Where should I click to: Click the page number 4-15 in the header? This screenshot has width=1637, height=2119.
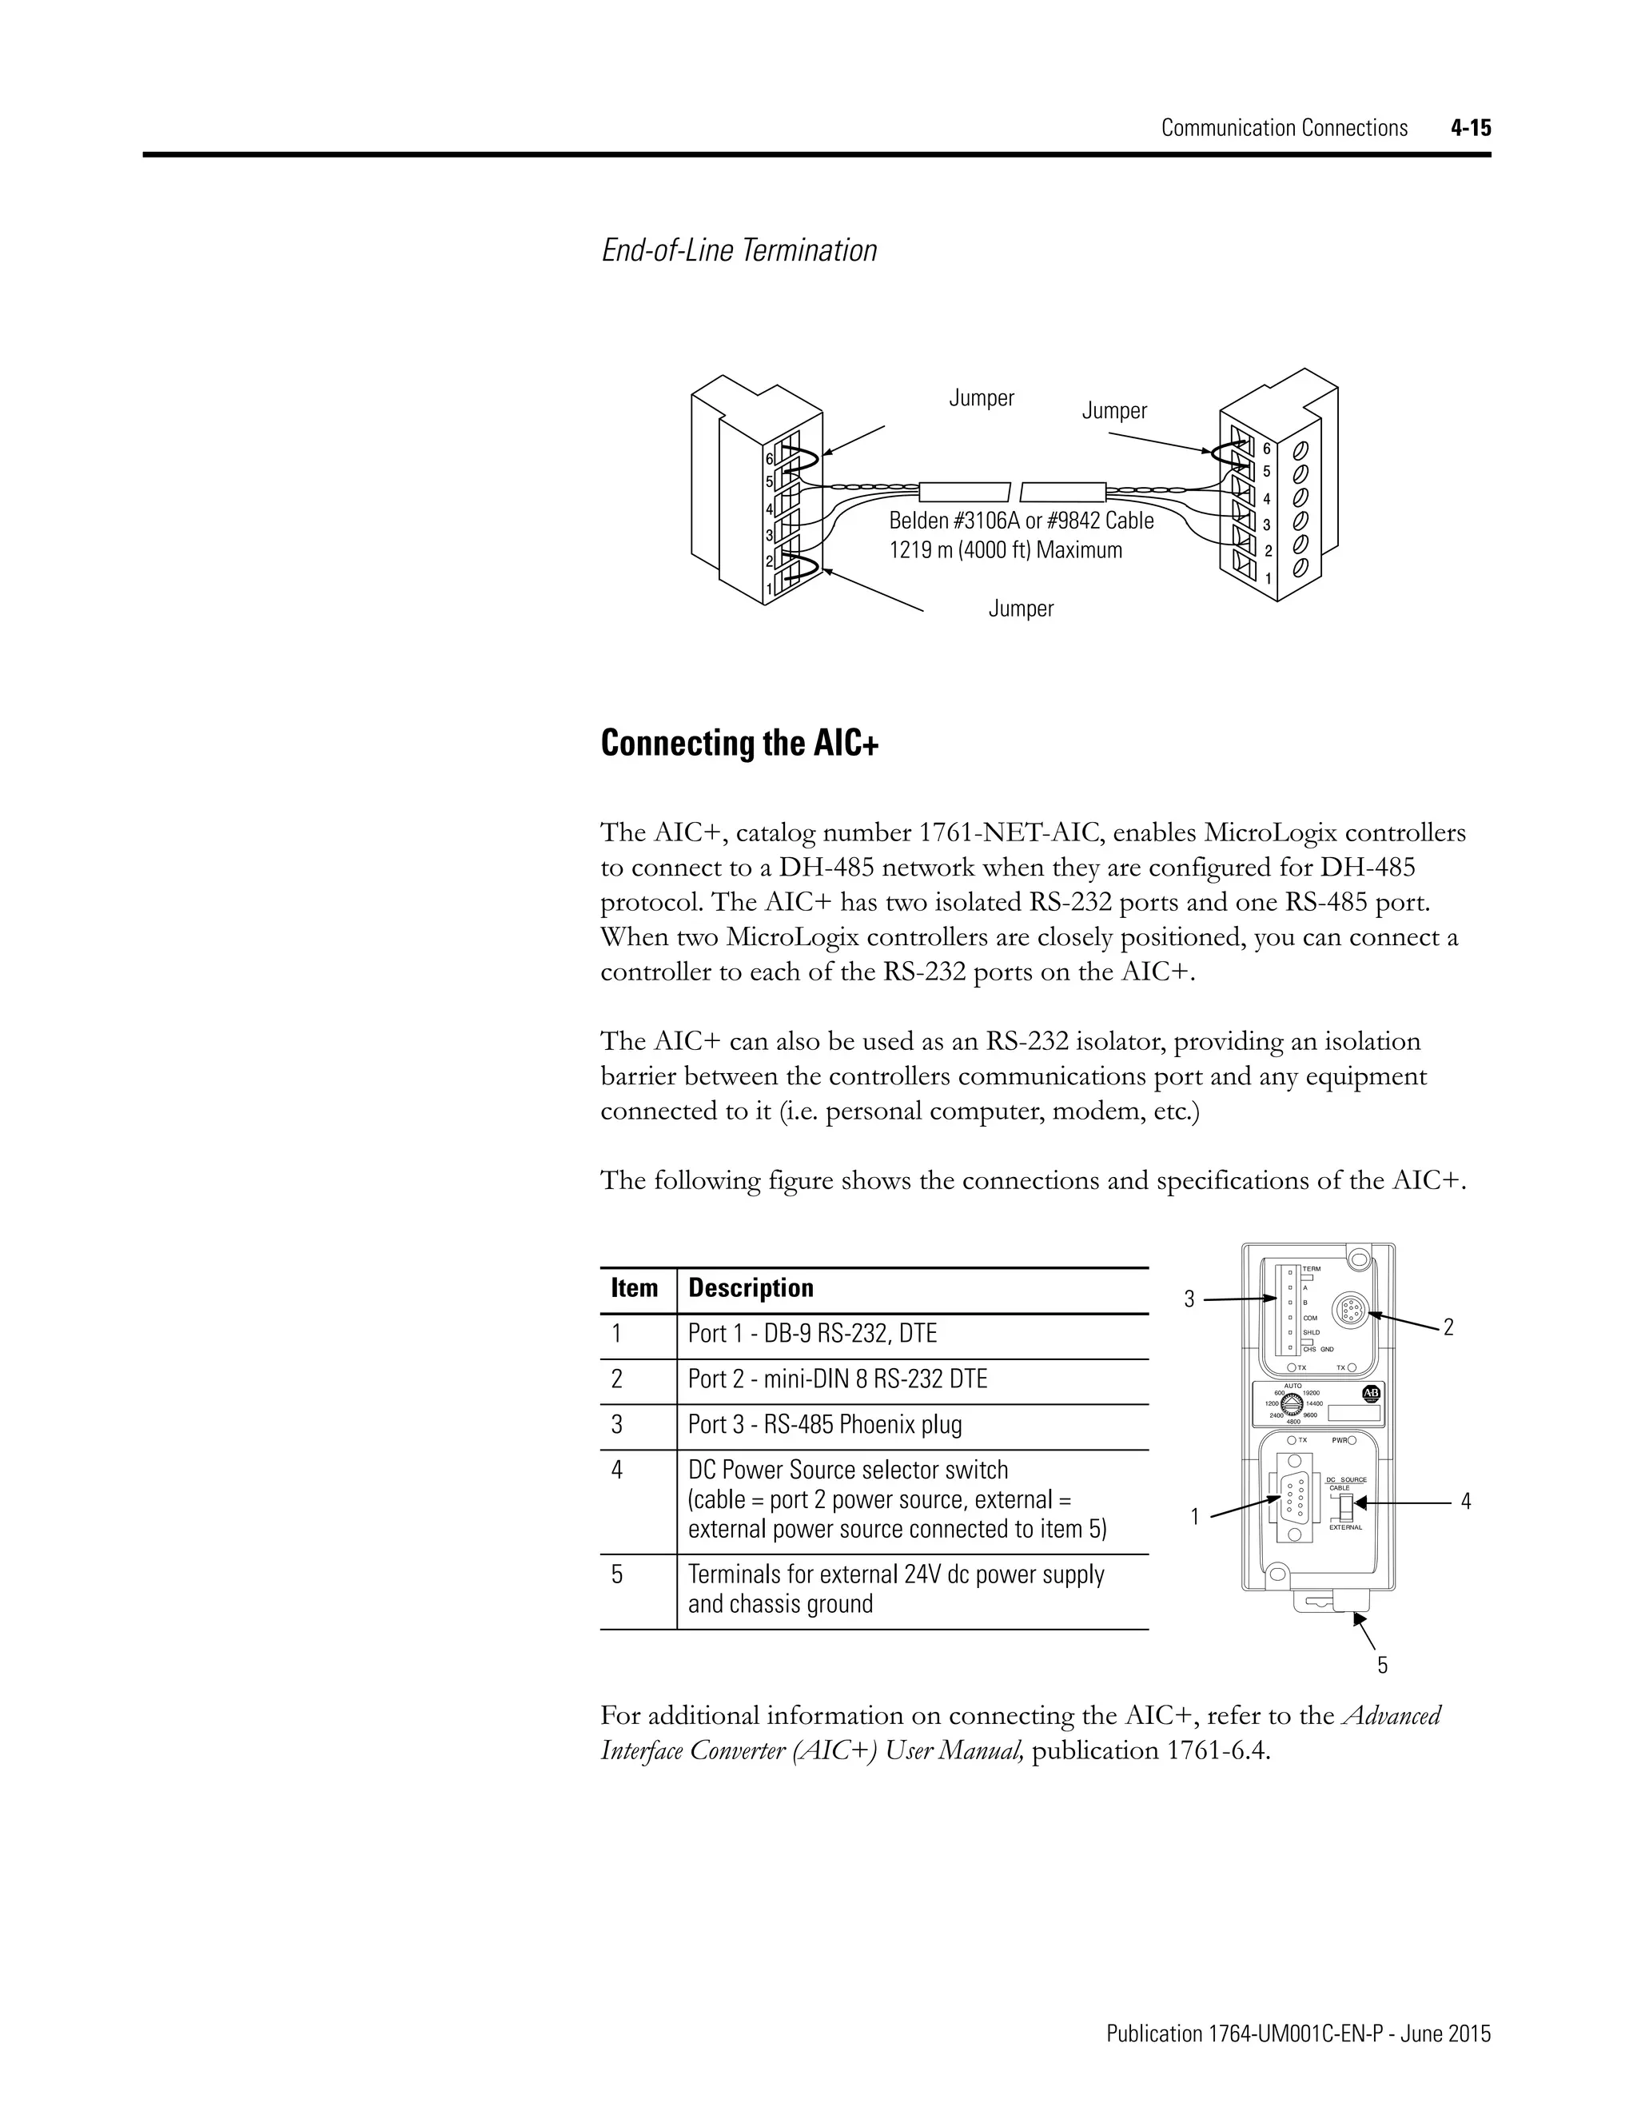[1470, 128]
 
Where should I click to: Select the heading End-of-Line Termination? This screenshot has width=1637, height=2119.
[739, 250]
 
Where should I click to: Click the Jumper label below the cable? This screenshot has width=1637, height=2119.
[1020, 609]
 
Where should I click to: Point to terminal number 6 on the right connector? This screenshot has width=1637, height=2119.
[1265, 449]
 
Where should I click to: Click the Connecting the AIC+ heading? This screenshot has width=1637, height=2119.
[740, 744]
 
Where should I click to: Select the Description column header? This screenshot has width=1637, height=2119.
[751, 1288]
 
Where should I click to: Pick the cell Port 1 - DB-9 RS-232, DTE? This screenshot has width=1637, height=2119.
[813, 1333]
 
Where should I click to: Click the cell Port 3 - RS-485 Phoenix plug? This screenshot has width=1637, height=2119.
[824, 1424]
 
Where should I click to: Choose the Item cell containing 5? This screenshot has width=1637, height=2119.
[617, 1574]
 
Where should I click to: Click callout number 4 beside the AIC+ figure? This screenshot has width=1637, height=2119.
[1465, 1502]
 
